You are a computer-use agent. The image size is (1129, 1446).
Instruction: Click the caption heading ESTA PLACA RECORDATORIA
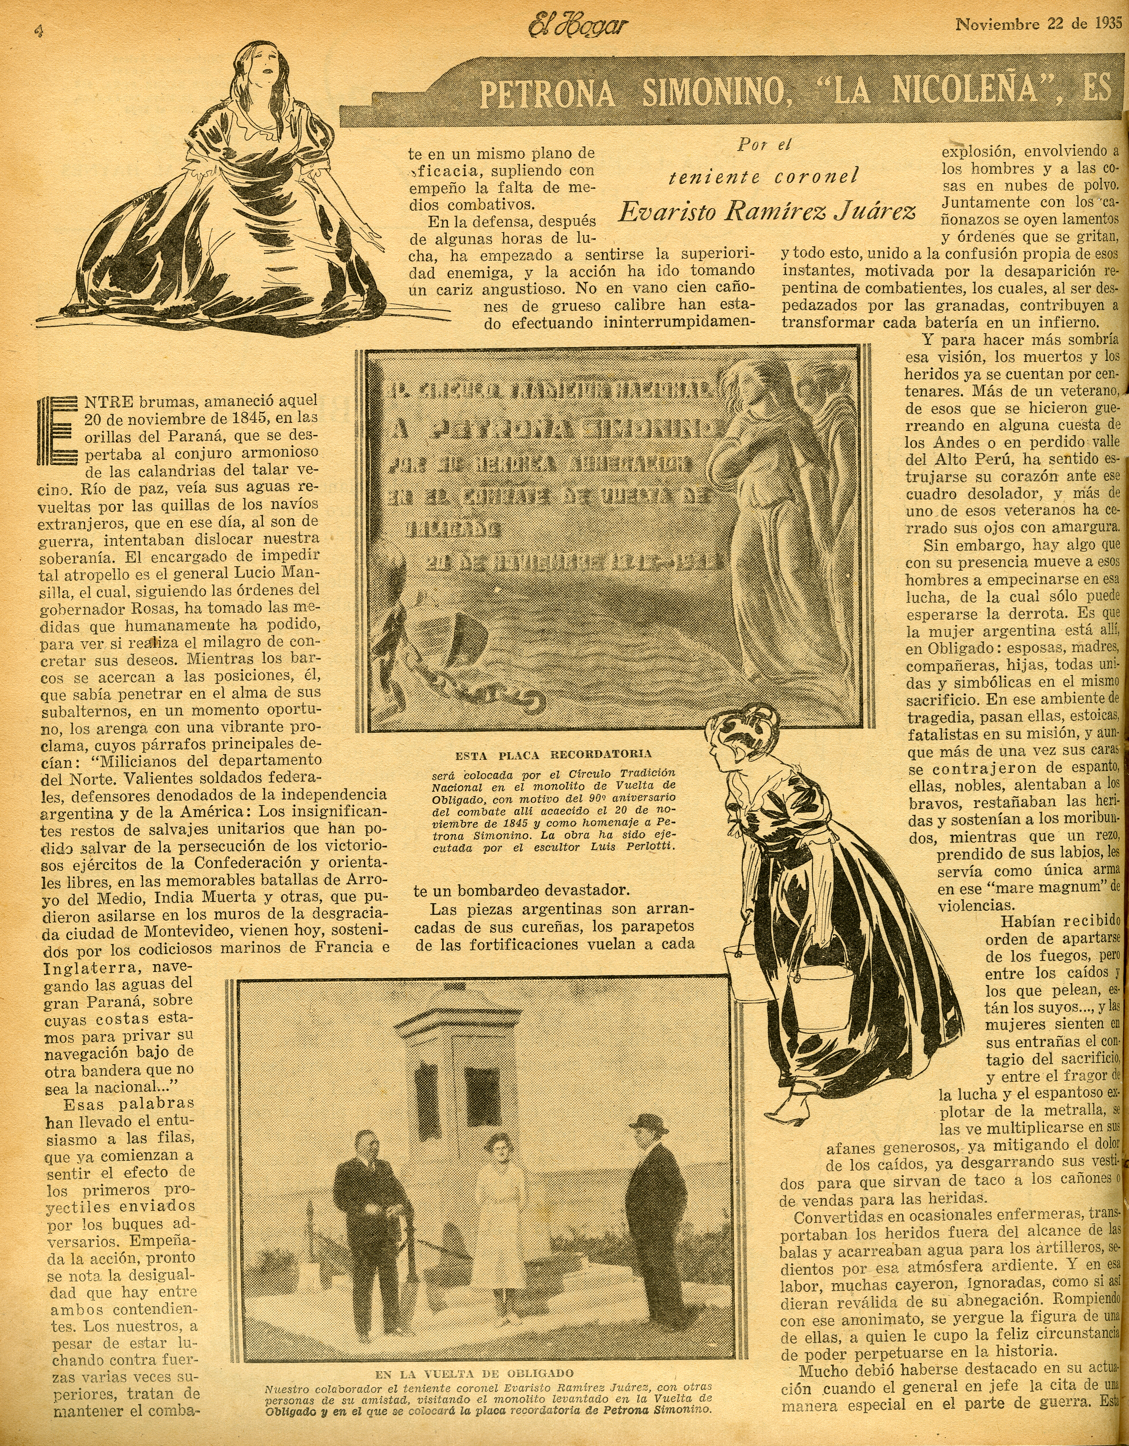(553, 753)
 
